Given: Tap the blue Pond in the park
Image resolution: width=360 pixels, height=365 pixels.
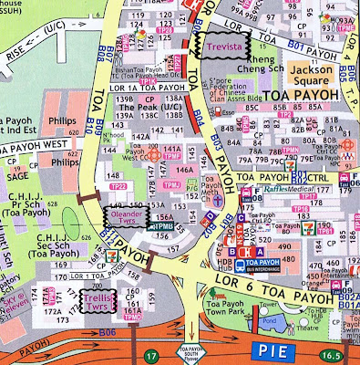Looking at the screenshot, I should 263,322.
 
